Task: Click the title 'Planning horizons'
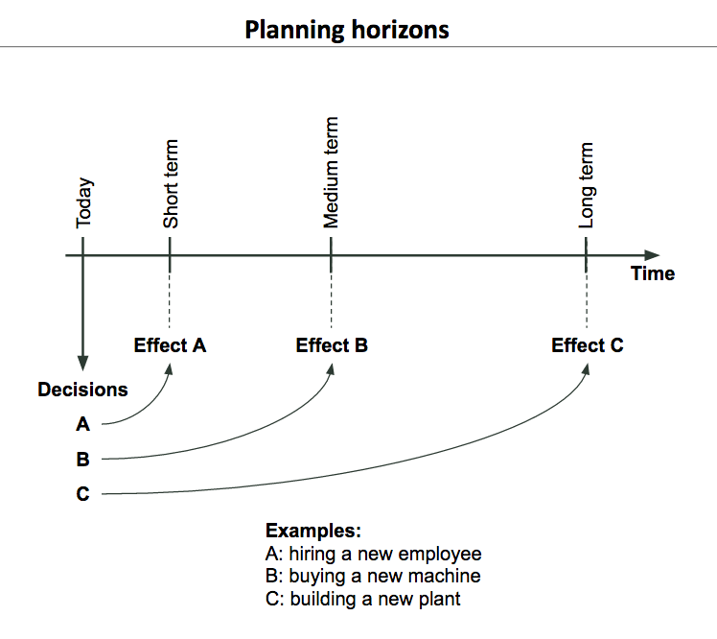(x=347, y=30)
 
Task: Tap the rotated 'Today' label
(x=84, y=202)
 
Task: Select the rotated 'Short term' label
(x=171, y=184)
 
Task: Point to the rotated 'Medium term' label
(x=331, y=173)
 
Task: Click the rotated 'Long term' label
(x=586, y=185)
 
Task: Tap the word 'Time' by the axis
(x=653, y=273)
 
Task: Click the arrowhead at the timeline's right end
(x=652, y=255)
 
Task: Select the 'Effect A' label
(x=170, y=345)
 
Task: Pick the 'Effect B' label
(x=332, y=345)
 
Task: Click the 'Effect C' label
(x=588, y=345)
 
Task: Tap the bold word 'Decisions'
(x=82, y=390)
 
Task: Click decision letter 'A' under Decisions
(x=82, y=424)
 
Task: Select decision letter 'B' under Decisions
(x=82, y=460)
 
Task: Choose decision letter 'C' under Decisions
(x=82, y=494)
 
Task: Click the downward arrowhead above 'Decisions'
(x=82, y=363)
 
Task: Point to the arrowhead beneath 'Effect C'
(x=587, y=369)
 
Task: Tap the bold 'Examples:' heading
(x=313, y=531)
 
